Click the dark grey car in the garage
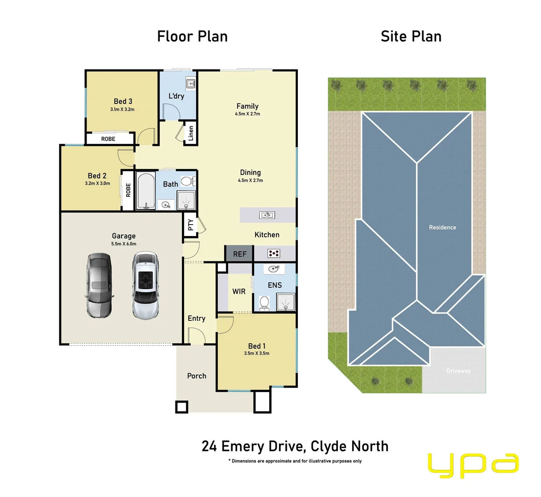[99, 285]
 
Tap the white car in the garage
[145, 285]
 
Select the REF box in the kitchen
[239, 254]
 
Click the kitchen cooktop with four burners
[274, 253]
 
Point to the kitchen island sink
[267, 215]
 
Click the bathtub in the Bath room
[146, 191]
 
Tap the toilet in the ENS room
[264, 303]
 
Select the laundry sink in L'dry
[191, 84]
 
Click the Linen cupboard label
[191, 133]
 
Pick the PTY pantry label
[190, 225]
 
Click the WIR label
[239, 291]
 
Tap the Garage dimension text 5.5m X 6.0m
[124, 244]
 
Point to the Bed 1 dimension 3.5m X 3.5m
[256, 353]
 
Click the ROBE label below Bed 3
[108, 139]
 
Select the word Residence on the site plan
[442, 227]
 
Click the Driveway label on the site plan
[458, 371]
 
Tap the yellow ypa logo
[473, 465]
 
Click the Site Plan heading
[411, 36]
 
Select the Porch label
[197, 376]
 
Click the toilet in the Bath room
[187, 181]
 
